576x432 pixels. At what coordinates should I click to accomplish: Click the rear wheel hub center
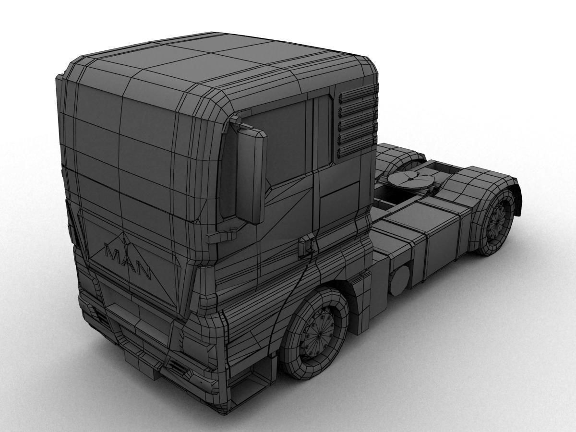(499, 218)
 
